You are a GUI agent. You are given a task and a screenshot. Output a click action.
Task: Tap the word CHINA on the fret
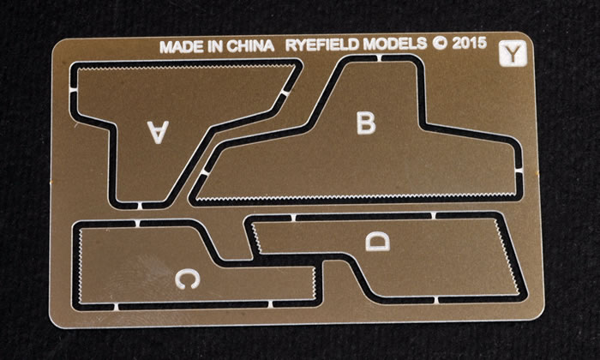[250, 46]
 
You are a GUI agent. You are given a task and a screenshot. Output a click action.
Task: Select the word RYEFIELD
[323, 45]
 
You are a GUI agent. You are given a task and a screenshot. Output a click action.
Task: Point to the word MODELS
[395, 44]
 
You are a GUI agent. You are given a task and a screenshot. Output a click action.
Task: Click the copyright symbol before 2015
[440, 43]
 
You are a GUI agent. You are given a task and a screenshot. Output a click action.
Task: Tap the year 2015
[470, 43]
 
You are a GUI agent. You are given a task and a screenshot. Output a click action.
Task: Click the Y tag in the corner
[513, 53]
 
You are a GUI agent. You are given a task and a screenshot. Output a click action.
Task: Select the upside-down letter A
[158, 132]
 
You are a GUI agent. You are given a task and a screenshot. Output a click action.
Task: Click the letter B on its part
[366, 123]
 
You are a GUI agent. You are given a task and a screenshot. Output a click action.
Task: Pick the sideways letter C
[188, 279]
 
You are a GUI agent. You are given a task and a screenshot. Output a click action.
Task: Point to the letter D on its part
[378, 242]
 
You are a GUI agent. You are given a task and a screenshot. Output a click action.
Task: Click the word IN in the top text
[215, 46]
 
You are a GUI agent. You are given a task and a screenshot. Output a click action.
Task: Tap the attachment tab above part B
[379, 58]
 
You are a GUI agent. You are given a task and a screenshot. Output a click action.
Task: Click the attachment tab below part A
[139, 206]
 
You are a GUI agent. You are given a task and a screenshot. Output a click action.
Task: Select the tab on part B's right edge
[519, 170]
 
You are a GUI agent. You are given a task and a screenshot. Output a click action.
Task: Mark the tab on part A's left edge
[73, 90]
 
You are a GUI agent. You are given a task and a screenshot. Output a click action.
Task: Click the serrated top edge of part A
[183, 68]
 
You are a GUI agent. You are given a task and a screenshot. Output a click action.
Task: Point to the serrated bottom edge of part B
[356, 197]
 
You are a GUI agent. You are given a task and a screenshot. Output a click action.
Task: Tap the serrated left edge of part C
[81, 265]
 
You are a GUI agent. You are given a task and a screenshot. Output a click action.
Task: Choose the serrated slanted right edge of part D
[507, 256]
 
